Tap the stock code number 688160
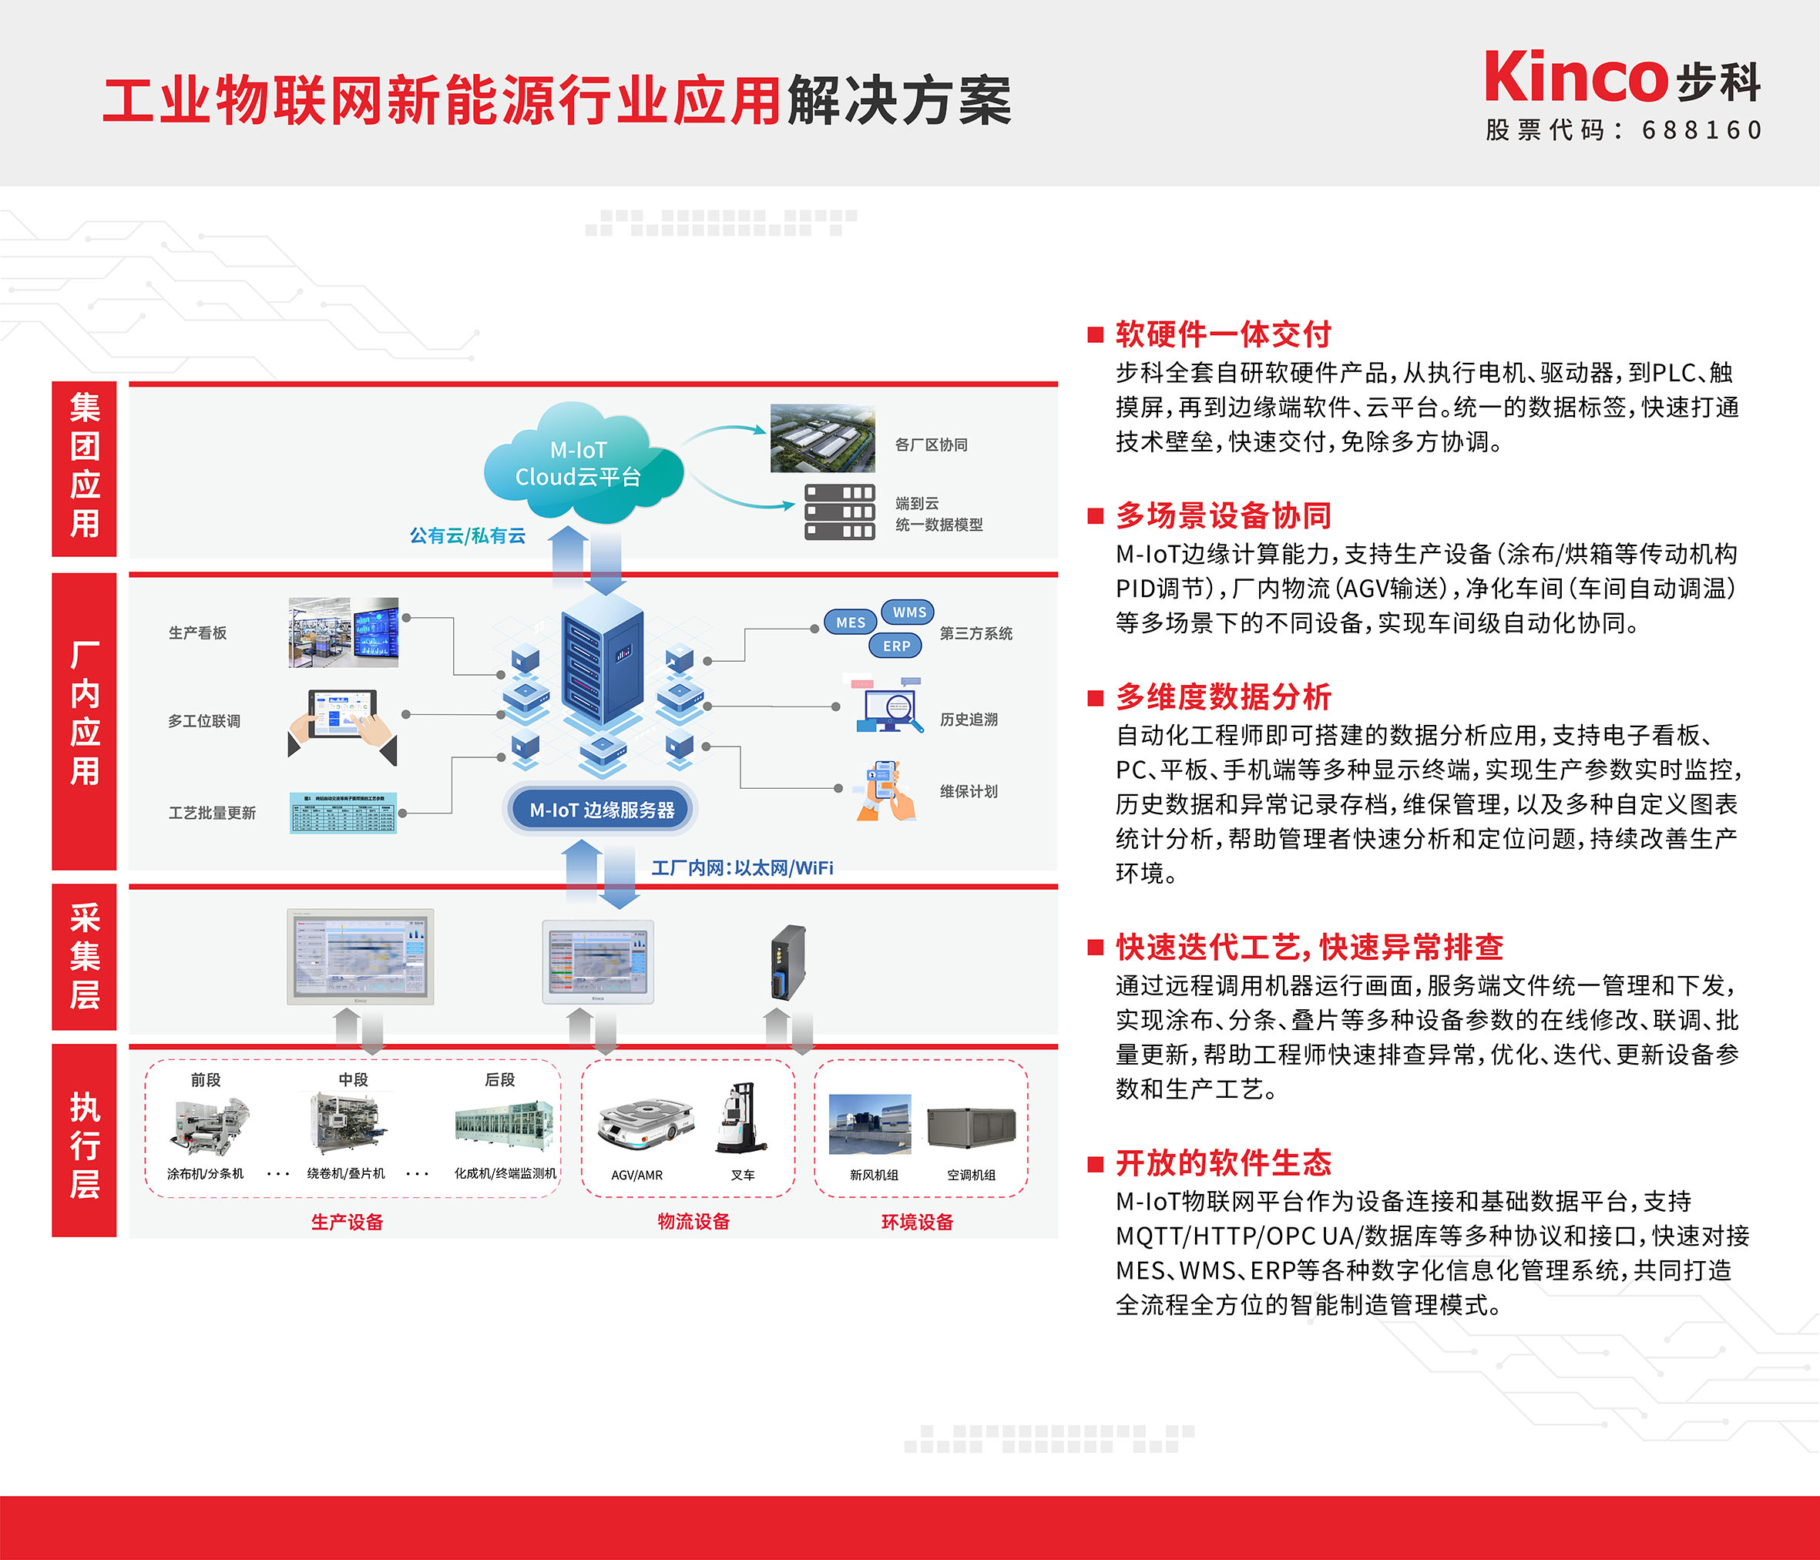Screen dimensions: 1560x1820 pyautogui.click(x=1701, y=131)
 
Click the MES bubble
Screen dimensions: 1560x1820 pyautogui.click(x=850, y=622)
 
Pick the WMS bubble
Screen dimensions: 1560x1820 pyautogui.click(x=909, y=612)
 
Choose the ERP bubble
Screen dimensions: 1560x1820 pyautogui.click(x=896, y=646)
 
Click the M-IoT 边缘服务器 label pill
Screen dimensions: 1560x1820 pyautogui.click(x=602, y=810)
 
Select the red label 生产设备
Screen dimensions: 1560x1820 pyautogui.click(x=347, y=1222)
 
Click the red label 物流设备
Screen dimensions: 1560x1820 pyautogui.click(x=694, y=1221)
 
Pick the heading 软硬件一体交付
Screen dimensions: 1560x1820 pyautogui.click(x=1224, y=334)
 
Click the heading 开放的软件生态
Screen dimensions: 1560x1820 pyautogui.click(x=1224, y=1163)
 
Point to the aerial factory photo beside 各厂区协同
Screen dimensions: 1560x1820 pyautogui.click(x=822, y=438)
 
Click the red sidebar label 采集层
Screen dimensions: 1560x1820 pyautogui.click(x=84, y=958)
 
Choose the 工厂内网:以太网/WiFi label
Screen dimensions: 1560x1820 pyautogui.click(x=742, y=868)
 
